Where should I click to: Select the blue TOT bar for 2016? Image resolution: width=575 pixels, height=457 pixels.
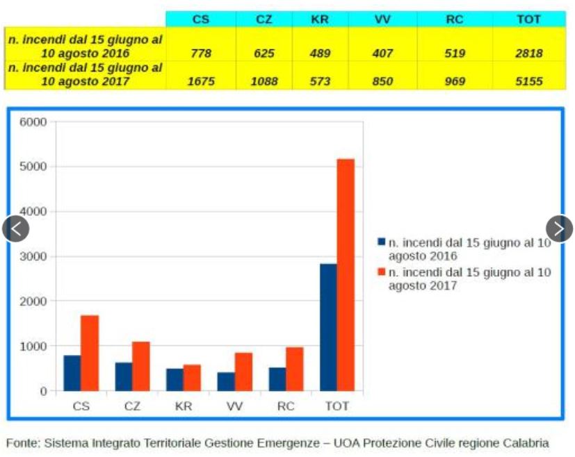click(327, 327)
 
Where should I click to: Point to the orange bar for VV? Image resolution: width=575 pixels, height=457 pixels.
click(243, 372)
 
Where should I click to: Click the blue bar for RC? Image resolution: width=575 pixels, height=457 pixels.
click(277, 379)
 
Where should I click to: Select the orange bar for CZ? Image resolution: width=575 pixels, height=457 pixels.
click(140, 366)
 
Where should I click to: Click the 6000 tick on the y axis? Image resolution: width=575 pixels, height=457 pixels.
click(33, 122)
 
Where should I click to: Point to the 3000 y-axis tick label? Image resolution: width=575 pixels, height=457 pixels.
click(33, 256)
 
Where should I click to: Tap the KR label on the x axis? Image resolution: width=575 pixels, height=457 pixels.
click(184, 406)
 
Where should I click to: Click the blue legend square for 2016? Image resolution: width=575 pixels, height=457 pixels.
click(381, 242)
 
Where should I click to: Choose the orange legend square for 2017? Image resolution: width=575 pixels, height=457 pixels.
click(381, 272)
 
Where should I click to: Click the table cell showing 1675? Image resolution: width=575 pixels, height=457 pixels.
click(201, 81)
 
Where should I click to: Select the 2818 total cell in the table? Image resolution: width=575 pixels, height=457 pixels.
click(528, 53)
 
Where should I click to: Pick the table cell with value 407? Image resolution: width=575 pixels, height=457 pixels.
click(382, 53)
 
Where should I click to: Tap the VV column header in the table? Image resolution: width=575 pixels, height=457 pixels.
click(382, 19)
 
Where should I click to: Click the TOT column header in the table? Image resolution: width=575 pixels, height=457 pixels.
click(528, 19)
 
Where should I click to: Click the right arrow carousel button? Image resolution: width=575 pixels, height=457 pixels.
click(559, 228)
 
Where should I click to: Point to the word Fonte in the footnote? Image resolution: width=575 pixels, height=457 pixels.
click(22, 442)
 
